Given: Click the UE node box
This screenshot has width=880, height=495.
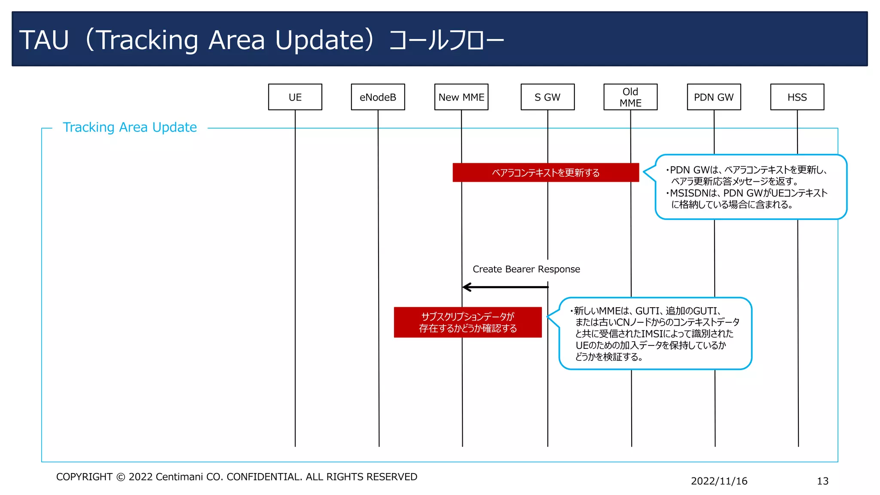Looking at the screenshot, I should [295, 97].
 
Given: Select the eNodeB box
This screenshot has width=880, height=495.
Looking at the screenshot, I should [378, 97].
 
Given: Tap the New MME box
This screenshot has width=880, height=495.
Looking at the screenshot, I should [461, 97].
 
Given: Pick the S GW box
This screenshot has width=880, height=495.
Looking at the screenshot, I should [547, 97].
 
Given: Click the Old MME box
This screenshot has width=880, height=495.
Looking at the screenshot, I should [630, 97].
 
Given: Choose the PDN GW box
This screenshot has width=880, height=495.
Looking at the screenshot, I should [714, 97].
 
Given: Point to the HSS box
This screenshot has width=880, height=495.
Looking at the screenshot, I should [797, 97].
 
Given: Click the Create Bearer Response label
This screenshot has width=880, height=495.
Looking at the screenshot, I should [526, 269].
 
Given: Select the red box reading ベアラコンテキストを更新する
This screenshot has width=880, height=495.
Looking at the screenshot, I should [546, 173].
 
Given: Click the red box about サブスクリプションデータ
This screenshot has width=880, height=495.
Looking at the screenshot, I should [467, 322].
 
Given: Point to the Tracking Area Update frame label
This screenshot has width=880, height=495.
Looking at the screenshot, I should [130, 127].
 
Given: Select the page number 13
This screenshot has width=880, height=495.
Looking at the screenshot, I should [822, 481].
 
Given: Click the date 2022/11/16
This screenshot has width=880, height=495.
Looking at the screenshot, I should [719, 481].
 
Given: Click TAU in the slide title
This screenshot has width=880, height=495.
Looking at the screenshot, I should [44, 40].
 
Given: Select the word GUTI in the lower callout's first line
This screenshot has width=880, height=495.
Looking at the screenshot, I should [647, 311].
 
